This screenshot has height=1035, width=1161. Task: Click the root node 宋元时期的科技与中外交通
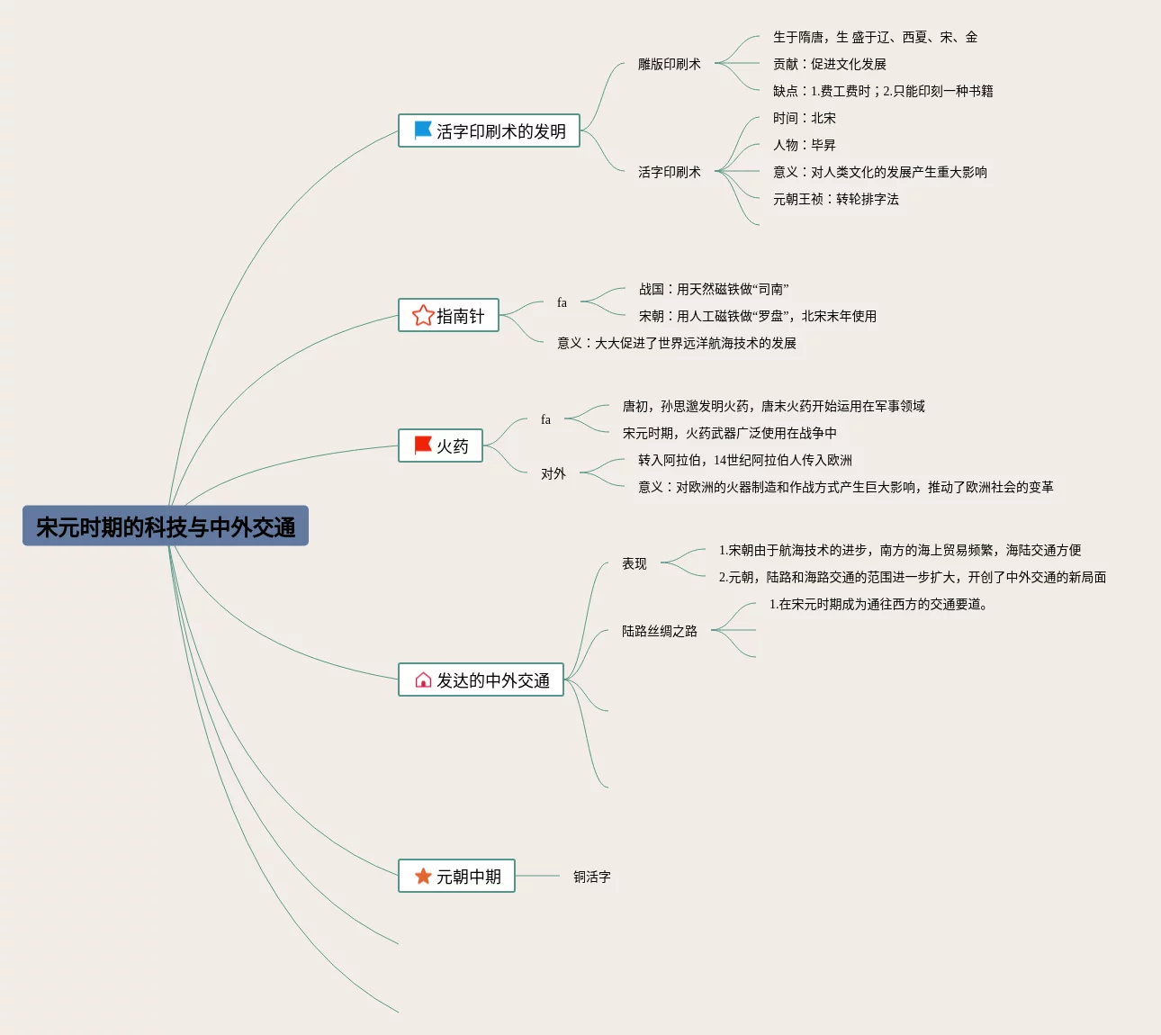[x=166, y=526]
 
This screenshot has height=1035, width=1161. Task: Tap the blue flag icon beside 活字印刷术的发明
[x=422, y=130]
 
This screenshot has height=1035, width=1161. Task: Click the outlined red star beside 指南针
[x=423, y=315]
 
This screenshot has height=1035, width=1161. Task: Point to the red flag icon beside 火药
[x=422, y=445]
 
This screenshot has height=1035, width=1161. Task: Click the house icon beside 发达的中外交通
[x=423, y=679]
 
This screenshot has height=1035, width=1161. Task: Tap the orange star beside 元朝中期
[x=423, y=876]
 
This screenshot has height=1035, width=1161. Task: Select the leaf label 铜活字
[x=592, y=877]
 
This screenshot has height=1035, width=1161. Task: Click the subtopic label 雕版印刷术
[x=669, y=64]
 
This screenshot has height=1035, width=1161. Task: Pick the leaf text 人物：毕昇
[x=804, y=145]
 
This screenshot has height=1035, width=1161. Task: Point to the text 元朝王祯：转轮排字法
[x=835, y=199]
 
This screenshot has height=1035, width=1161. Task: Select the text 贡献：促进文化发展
[x=829, y=64]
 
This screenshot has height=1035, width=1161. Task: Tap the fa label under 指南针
[x=562, y=302]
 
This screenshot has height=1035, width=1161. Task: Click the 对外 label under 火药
[x=553, y=473]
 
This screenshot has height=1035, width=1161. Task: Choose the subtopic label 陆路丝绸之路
[x=659, y=631]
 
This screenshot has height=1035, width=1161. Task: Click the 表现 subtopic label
[x=634, y=563]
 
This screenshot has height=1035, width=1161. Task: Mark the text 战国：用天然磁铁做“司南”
[x=713, y=289]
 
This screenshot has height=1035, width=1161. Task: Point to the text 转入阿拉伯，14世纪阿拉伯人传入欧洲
[x=744, y=460]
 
